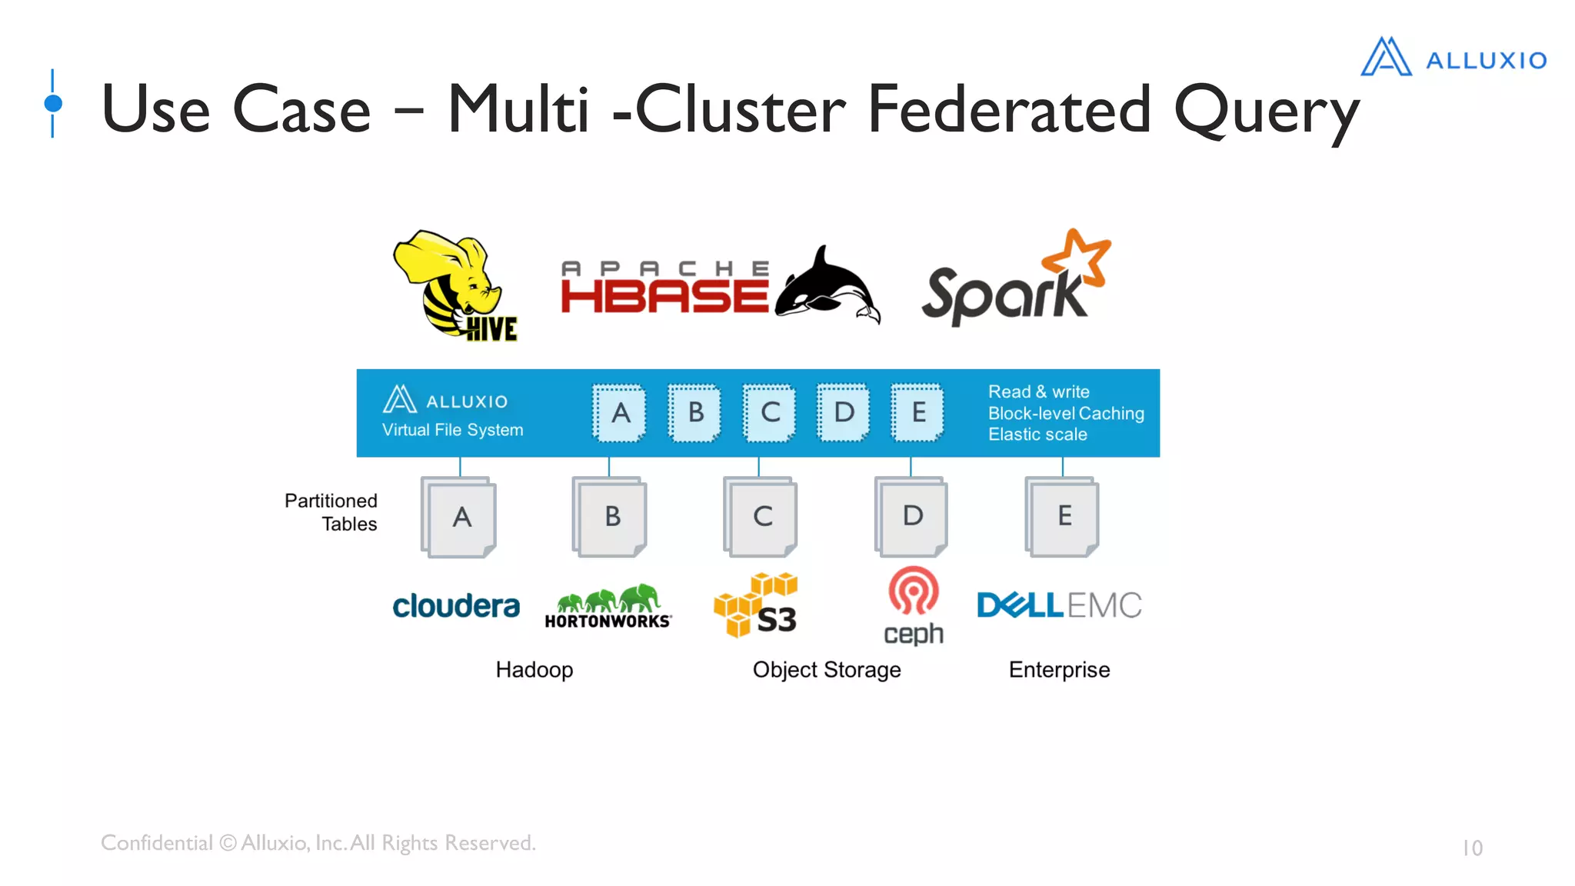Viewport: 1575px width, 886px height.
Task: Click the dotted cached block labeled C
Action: coord(769,413)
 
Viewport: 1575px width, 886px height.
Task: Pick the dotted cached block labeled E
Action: coord(917,413)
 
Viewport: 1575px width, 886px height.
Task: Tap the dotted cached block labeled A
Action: coord(620,413)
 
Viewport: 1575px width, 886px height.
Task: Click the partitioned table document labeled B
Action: coord(611,517)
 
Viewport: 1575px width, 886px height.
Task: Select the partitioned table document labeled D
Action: coord(912,517)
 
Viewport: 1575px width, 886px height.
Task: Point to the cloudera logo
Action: coord(456,606)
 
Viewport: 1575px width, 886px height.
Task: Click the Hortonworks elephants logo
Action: coord(608,606)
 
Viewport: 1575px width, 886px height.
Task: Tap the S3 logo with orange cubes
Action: coord(757,606)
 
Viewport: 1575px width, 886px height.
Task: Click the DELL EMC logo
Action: coord(1059,605)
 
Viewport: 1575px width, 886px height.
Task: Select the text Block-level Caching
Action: coord(1066,413)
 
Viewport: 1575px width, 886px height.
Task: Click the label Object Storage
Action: coord(827,670)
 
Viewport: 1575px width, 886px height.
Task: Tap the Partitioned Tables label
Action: coord(331,512)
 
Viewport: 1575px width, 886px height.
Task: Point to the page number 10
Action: coord(1472,848)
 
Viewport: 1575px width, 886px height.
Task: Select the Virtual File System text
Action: coord(452,430)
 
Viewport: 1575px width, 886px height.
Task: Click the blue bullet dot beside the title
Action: coord(53,103)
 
